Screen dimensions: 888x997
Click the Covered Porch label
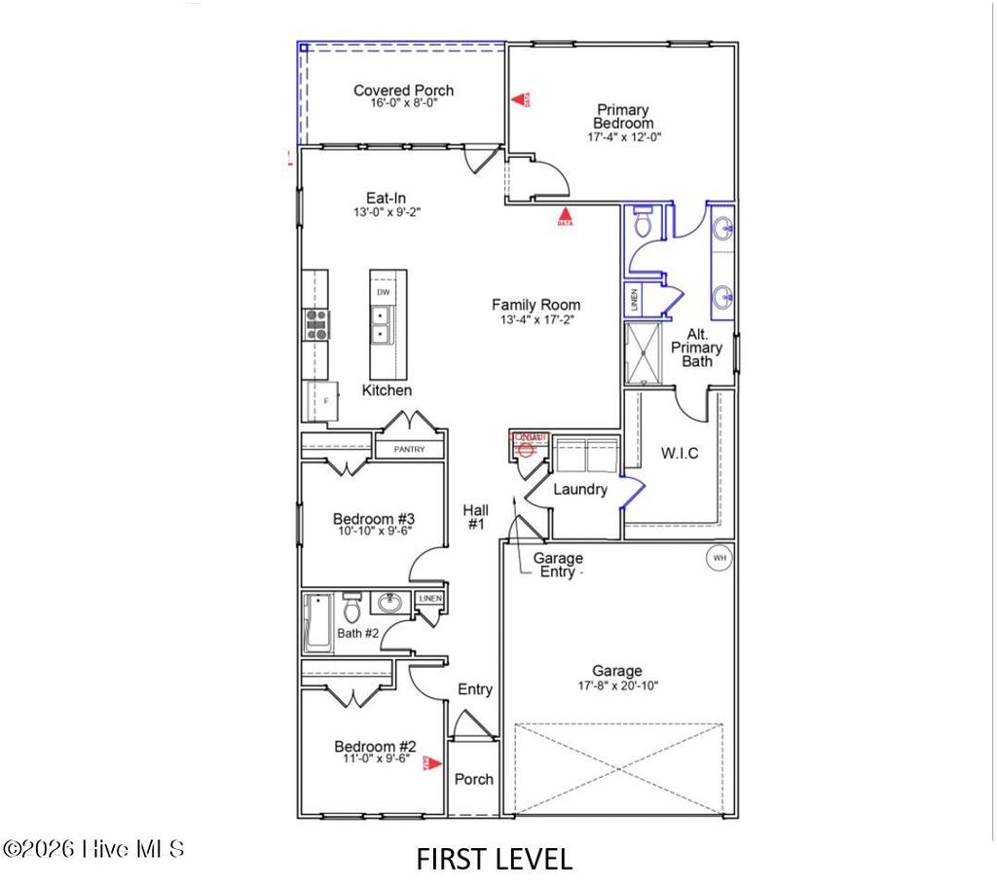(403, 91)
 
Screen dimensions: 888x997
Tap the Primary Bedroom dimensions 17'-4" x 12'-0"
(623, 137)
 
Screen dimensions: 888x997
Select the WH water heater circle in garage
(720, 558)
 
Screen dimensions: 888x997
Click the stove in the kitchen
(316, 323)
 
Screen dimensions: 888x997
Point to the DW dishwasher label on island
(384, 292)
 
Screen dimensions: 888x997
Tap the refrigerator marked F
(322, 400)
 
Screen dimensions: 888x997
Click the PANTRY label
(411, 450)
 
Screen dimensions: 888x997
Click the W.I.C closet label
(680, 454)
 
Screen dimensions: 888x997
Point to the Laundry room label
(580, 490)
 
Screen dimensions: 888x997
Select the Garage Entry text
(558, 565)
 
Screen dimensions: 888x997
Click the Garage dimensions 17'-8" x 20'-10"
(617, 685)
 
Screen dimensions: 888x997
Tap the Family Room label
(535, 305)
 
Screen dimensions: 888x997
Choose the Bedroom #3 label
(375, 518)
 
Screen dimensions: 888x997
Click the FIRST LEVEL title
(495, 858)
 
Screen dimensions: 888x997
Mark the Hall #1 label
(476, 517)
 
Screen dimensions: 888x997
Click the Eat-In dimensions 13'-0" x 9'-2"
(387, 211)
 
